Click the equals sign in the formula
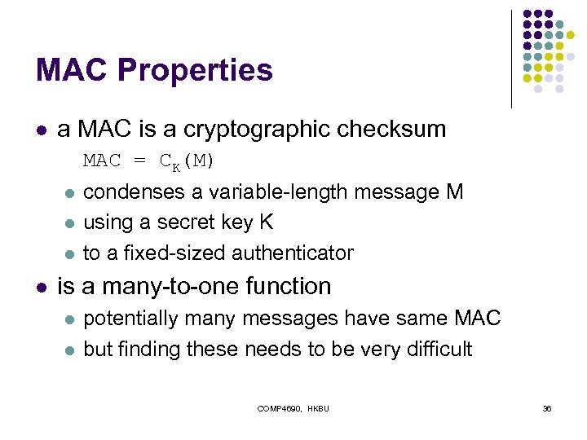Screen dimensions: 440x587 (x=140, y=161)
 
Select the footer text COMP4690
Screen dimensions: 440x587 (x=278, y=407)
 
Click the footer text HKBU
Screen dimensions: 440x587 (x=318, y=407)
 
